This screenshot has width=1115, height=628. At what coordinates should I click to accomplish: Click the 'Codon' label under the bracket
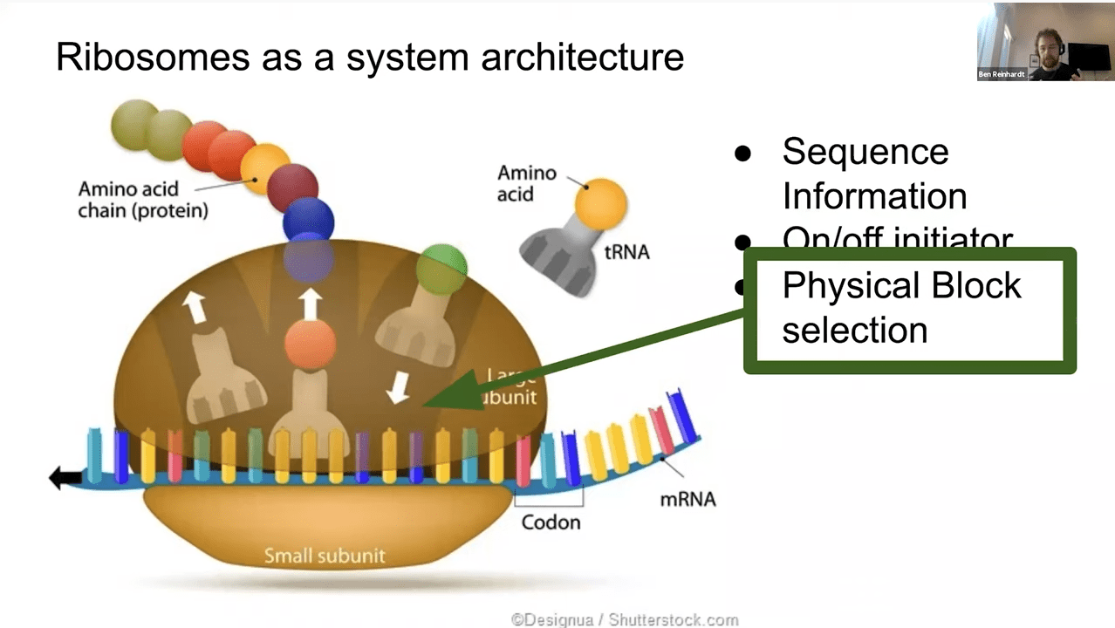(x=551, y=522)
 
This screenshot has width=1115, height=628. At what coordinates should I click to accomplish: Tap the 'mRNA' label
(x=687, y=499)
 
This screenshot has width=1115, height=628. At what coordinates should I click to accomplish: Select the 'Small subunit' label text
(x=324, y=556)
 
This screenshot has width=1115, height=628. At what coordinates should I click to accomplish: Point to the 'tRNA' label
(x=626, y=253)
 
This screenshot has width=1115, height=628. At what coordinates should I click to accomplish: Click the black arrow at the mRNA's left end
(x=65, y=477)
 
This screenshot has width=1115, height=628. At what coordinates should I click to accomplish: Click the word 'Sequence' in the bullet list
(x=865, y=152)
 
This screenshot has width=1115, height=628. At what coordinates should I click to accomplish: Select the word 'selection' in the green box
(x=854, y=331)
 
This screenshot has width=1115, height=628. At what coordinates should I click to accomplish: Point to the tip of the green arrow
(x=427, y=405)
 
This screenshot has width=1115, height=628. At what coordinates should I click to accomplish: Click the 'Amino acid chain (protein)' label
(x=143, y=200)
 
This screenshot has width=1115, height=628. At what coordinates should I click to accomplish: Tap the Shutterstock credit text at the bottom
(x=624, y=620)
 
